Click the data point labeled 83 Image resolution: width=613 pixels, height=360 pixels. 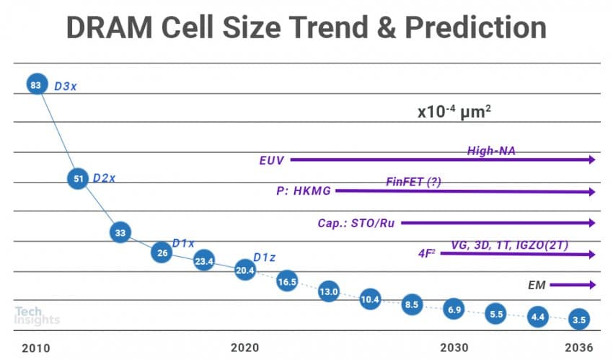coord(35,85)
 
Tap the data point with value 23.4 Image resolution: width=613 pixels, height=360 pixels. coord(204,262)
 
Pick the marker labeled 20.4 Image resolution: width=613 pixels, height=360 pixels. coord(245,271)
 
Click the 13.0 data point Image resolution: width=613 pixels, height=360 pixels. coord(329,291)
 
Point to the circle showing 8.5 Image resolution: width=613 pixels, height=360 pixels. coord(412,304)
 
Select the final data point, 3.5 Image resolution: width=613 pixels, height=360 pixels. coord(578,317)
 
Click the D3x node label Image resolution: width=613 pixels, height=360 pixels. coord(66,86)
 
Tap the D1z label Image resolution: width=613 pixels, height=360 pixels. coord(265,258)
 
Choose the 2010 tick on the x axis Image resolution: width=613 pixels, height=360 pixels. coord(35,347)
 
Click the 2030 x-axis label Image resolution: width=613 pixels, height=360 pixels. coord(454,347)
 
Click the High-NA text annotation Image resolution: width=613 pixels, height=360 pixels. coord(491,151)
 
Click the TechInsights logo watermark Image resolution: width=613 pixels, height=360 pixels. coord(36,315)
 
